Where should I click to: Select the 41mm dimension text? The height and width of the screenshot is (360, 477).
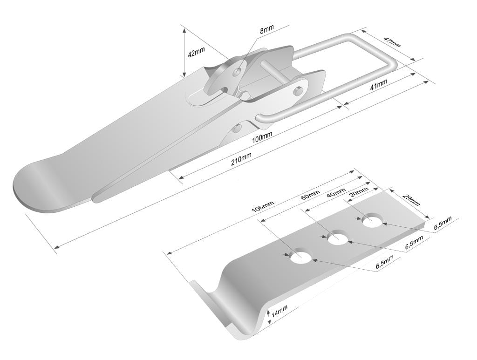(x=378, y=84)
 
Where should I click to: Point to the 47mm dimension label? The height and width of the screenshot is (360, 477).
(x=392, y=42)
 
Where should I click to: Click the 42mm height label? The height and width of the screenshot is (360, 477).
(x=196, y=52)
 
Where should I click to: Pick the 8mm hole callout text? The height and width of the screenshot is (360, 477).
(x=266, y=29)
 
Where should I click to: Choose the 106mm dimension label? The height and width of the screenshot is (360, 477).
(x=263, y=207)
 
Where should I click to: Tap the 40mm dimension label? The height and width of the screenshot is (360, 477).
(x=336, y=192)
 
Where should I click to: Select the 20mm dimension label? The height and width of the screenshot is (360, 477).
(x=359, y=192)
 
